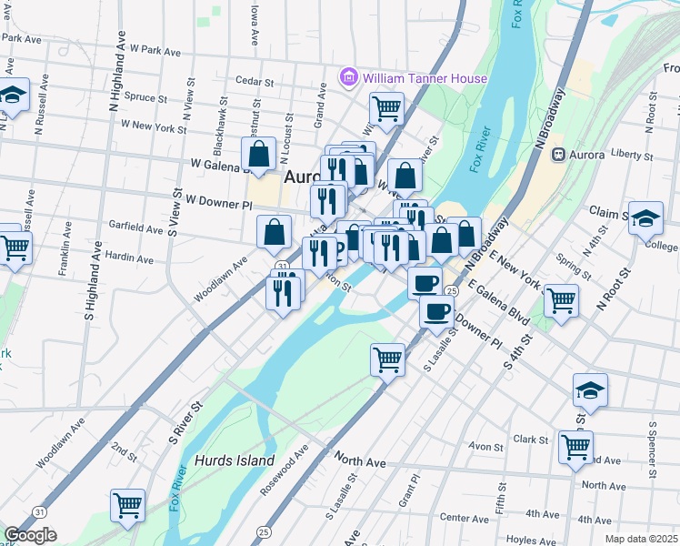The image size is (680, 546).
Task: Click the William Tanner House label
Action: coord(425,78)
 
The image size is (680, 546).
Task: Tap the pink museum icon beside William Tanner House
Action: coord(349,78)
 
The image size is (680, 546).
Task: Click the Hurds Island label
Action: coord(234,460)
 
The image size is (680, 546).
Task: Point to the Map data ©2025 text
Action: coord(641,539)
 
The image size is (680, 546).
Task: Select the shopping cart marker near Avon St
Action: coord(576,447)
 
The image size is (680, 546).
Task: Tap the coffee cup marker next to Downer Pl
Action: coord(436,312)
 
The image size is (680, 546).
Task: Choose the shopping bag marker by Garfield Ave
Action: coord(274,233)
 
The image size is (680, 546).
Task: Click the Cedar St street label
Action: coord(255,81)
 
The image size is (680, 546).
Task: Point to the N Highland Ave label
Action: coord(115,73)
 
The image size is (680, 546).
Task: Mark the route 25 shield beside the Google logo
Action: coord(263,531)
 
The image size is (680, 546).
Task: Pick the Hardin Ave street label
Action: coord(129,257)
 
